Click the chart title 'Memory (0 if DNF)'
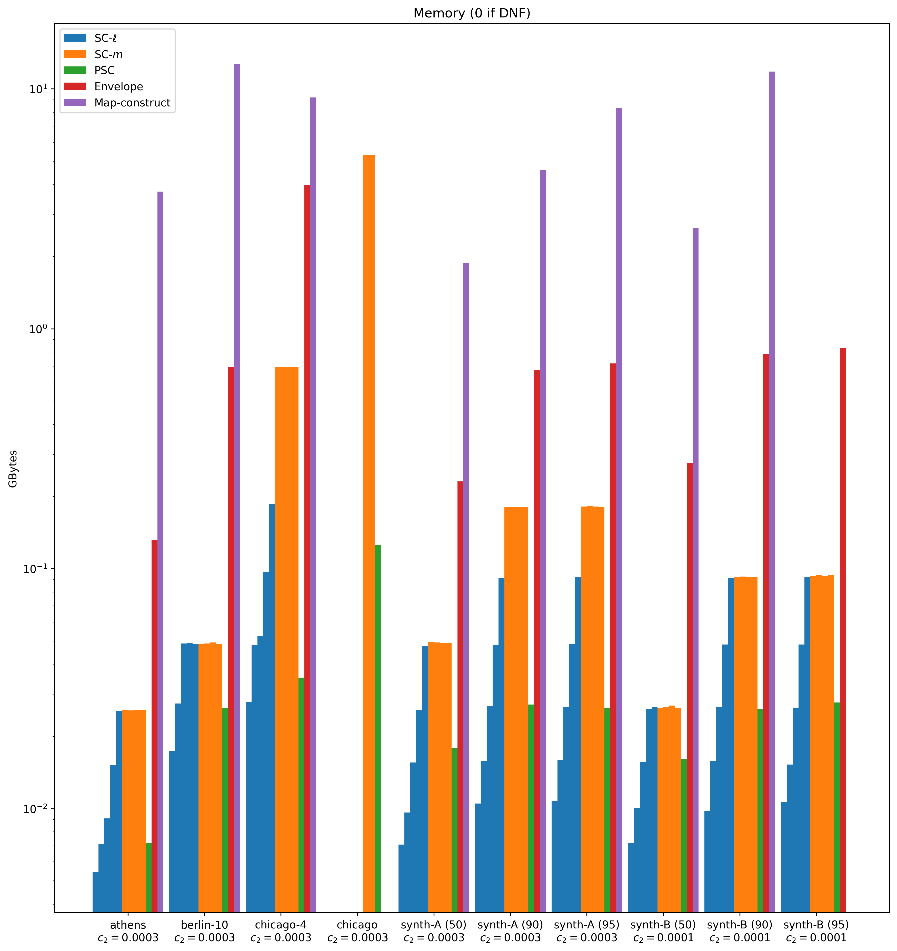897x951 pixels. (x=472, y=13)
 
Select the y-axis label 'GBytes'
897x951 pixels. (x=13, y=469)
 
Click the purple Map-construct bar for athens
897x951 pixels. (x=160, y=550)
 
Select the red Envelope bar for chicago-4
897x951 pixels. (x=307, y=545)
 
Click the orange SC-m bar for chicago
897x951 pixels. (x=369, y=531)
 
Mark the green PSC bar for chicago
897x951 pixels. (x=378, y=727)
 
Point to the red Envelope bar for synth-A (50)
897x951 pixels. (x=460, y=694)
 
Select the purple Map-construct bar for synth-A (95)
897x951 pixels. (x=619, y=507)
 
